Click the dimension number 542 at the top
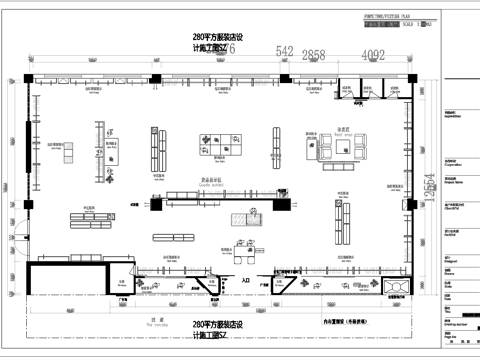click(x=285, y=51)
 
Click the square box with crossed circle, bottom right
click(x=399, y=290)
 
